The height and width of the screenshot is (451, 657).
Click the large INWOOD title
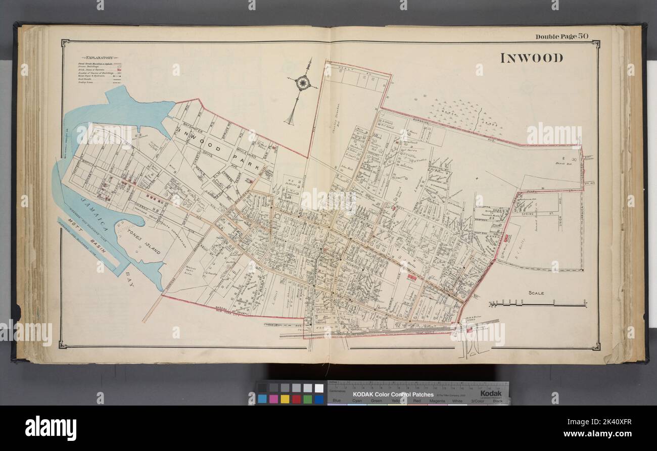[x=531, y=58]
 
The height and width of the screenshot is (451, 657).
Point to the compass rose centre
[x=302, y=82]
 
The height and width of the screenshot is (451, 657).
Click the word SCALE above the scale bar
[x=536, y=293]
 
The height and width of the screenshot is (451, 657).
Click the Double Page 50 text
[x=561, y=36]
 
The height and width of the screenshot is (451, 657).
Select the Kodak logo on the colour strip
[x=490, y=393]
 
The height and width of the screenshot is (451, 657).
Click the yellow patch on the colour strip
[x=285, y=399]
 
